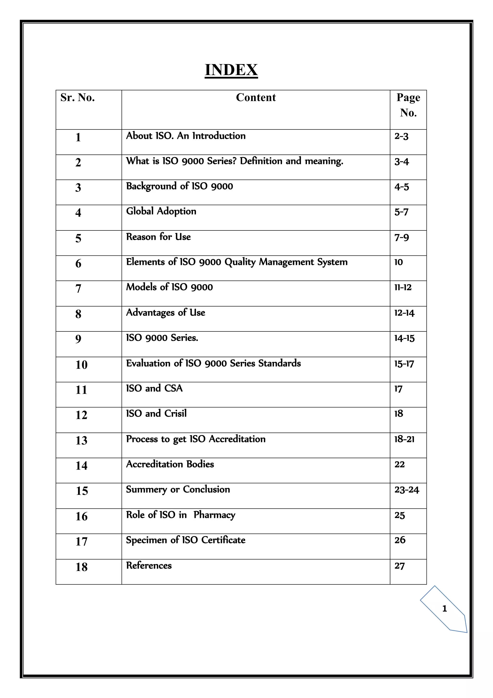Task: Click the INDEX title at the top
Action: click(x=231, y=70)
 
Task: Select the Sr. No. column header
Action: click(x=78, y=98)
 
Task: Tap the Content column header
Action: click(x=256, y=98)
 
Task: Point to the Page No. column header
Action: click(x=408, y=105)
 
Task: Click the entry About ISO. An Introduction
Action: click(x=186, y=136)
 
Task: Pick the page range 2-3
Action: click(x=401, y=136)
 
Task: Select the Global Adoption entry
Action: click(x=161, y=211)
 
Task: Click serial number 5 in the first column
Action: click(x=78, y=238)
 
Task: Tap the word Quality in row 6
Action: click(x=240, y=262)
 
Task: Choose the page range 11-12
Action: click(x=403, y=287)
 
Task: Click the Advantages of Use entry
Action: click(x=166, y=313)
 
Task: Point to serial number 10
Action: click(x=81, y=364)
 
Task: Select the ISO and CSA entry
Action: click(x=155, y=388)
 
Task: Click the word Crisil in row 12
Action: click(x=175, y=413)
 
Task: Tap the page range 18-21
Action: click(x=404, y=439)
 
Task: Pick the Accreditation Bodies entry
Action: click(x=170, y=464)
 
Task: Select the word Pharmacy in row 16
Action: click(x=214, y=515)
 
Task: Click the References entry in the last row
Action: click(x=149, y=565)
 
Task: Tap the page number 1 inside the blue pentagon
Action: click(x=445, y=609)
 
